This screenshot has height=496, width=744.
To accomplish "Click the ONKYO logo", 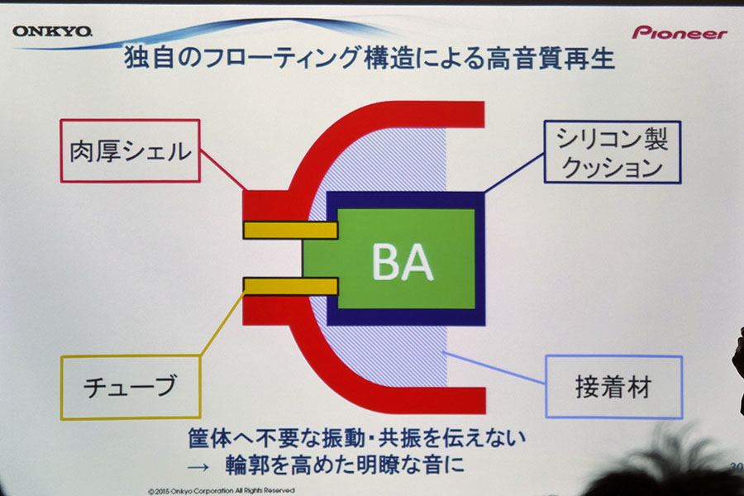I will pos(52,31).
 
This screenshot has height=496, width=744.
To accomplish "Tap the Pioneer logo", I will pos(679,33).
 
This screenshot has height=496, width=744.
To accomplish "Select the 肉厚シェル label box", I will pos(130,151).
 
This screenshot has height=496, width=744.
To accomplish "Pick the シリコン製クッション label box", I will pos(612,153).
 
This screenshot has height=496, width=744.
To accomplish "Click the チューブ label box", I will pos(131,387).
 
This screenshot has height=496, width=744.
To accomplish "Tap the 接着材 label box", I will pos(613,387).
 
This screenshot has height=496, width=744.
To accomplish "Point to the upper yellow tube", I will pos(290,231).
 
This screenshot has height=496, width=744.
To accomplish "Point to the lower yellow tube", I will pos(290,287).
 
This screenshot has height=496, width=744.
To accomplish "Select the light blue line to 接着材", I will pos(496,369).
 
